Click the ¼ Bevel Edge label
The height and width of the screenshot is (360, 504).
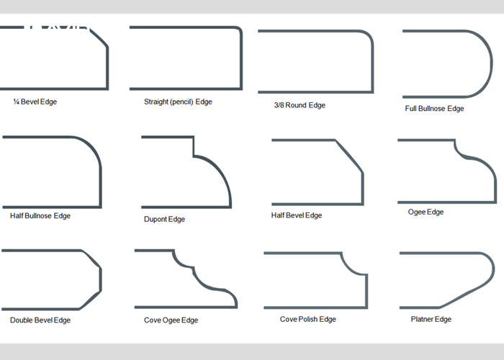[x=35, y=102]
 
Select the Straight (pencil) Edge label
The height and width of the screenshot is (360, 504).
[x=178, y=102]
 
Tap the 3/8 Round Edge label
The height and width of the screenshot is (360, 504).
[x=300, y=105]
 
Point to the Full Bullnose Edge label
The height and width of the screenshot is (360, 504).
[x=434, y=109]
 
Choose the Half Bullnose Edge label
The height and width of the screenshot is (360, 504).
[x=40, y=216]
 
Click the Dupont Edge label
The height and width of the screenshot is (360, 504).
[x=164, y=219]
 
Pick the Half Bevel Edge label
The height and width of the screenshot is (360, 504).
[x=297, y=215]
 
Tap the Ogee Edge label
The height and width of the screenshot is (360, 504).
[x=426, y=212]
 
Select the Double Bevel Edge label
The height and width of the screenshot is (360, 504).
[x=40, y=320]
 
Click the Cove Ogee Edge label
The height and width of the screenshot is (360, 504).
[x=171, y=320]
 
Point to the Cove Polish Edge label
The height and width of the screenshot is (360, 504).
[x=308, y=319]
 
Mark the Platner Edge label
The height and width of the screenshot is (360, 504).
[x=431, y=319]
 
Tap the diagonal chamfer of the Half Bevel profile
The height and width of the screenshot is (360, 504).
[x=349, y=156]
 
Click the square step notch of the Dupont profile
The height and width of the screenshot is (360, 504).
[x=194, y=147]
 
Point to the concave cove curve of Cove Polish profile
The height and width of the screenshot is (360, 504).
[x=351, y=267]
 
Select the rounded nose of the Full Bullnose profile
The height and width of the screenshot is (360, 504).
[x=490, y=63]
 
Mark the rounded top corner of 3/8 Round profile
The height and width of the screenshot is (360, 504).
[x=369, y=35]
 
